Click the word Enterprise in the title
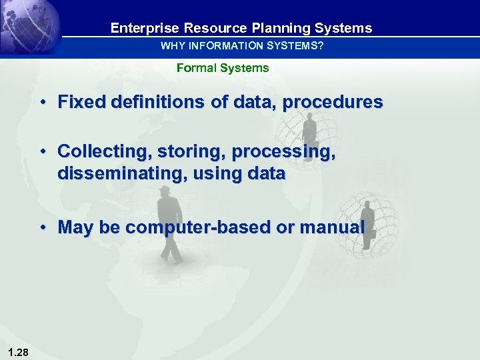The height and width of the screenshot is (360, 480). (138, 28)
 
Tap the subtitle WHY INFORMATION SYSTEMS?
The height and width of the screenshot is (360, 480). (241, 46)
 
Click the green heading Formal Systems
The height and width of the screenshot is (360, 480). (223, 68)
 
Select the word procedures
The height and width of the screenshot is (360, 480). (333, 102)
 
